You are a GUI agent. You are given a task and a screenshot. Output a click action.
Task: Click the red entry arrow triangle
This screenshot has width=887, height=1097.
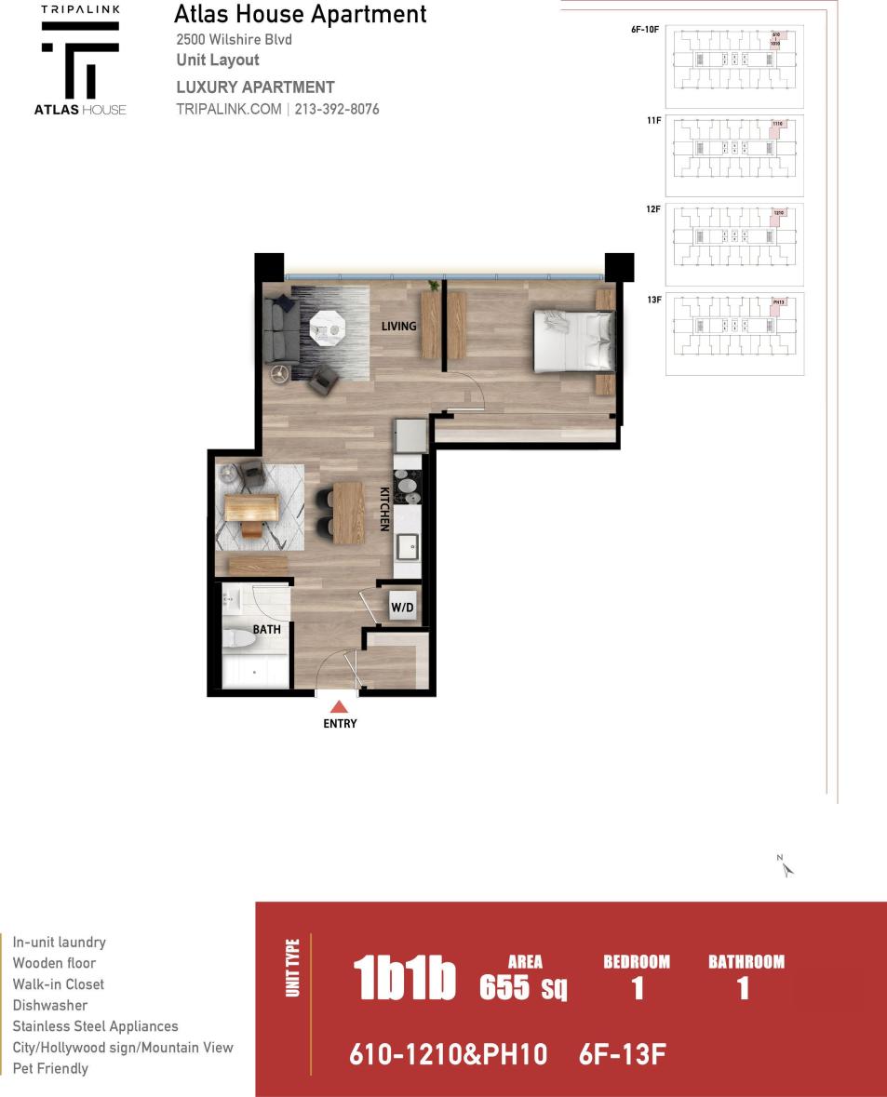(339, 707)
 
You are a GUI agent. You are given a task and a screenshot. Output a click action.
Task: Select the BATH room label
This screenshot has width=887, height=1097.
(266, 630)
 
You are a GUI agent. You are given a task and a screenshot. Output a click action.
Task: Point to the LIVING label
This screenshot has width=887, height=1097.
(398, 327)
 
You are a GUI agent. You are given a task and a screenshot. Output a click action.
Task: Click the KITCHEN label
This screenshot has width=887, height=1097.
(383, 509)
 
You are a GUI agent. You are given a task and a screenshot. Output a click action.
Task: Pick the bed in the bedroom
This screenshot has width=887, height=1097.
(573, 341)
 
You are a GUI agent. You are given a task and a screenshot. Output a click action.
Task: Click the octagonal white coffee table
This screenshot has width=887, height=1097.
(328, 328)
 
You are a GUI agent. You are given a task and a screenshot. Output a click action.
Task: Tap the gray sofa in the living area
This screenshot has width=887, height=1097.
(279, 330)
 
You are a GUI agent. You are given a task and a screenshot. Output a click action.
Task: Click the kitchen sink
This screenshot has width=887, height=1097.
(408, 546)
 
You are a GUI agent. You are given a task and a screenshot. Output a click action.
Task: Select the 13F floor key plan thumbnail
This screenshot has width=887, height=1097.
(734, 333)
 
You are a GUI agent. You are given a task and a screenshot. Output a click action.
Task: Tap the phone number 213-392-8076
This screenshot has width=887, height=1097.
(337, 110)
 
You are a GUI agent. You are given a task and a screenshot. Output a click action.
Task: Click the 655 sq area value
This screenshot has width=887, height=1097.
(523, 986)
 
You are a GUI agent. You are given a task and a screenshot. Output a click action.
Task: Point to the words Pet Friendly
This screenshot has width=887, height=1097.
(50, 1068)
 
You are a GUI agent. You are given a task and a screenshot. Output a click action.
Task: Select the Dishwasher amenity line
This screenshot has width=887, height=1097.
(50, 1005)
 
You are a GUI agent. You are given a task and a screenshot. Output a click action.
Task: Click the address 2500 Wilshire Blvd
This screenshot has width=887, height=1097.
(233, 40)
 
